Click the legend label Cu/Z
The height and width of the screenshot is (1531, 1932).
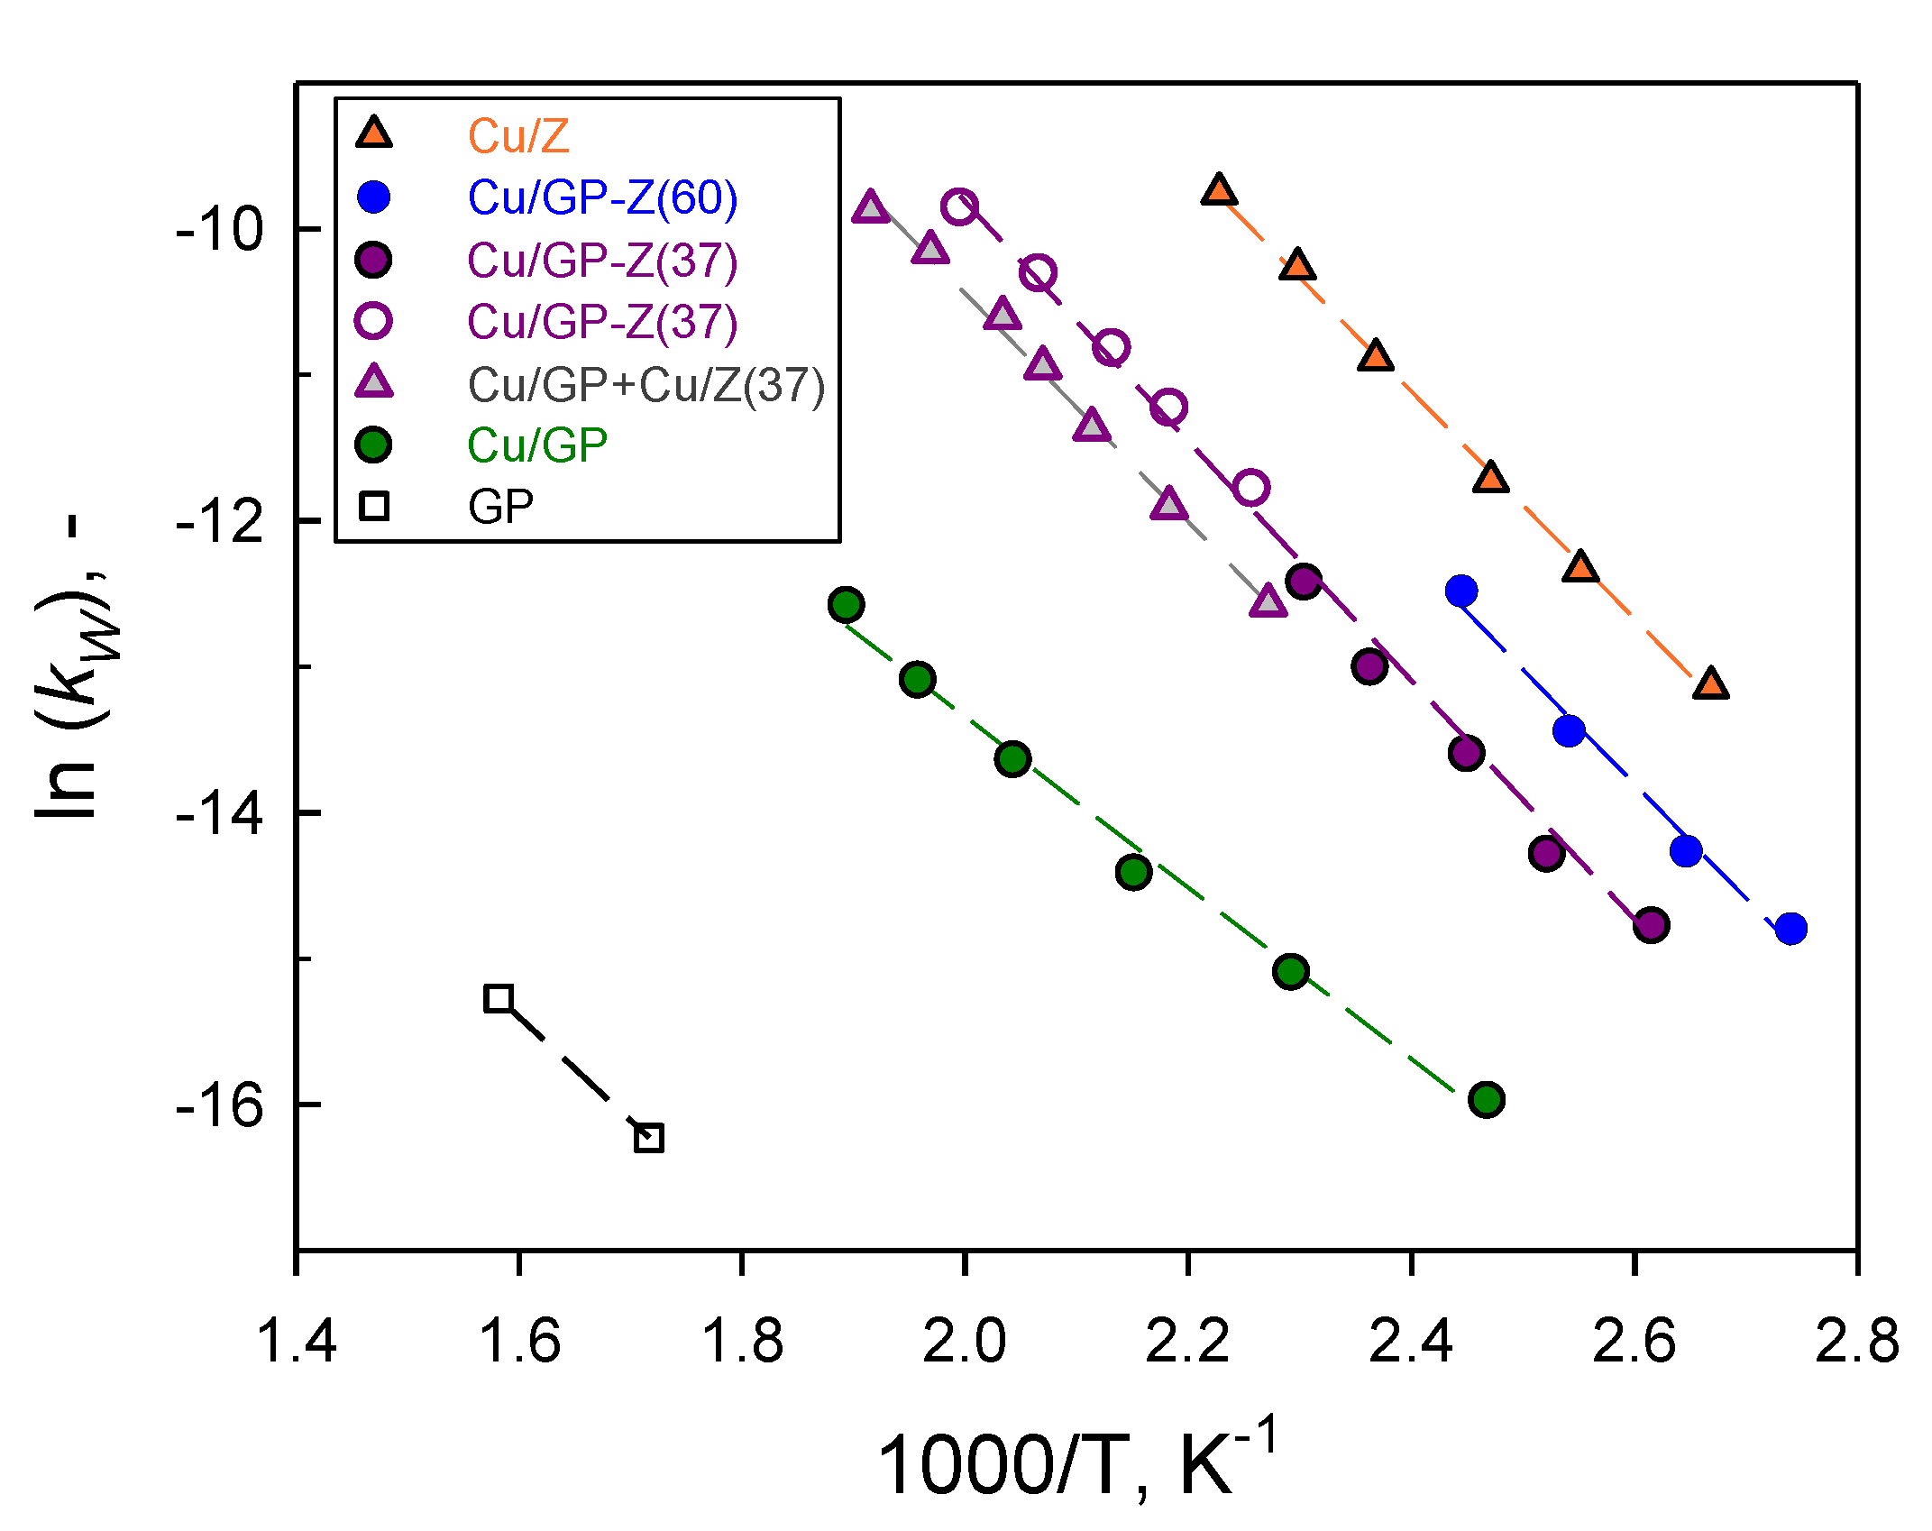pyautogui.click(x=518, y=136)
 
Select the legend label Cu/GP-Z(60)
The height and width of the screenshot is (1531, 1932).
pyautogui.click(x=602, y=197)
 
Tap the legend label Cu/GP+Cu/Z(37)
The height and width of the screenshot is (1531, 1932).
pyautogui.click(x=646, y=385)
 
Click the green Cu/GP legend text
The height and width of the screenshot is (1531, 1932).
pyautogui.click(x=537, y=445)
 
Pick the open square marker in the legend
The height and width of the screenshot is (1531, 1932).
pyautogui.click(x=373, y=507)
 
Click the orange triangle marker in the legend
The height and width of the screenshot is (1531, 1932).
pyautogui.click(x=373, y=133)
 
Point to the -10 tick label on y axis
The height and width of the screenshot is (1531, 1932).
pyautogui.click(x=219, y=229)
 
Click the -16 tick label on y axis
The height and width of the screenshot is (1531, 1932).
pyautogui.click(x=219, y=1105)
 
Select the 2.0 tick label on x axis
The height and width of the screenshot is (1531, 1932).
pyautogui.click(x=964, y=1341)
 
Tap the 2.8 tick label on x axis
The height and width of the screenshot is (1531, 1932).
pyautogui.click(x=1856, y=1341)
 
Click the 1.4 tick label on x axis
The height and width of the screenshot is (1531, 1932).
pyautogui.click(x=297, y=1341)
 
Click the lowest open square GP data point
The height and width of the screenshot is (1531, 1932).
pyautogui.click(x=649, y=1138)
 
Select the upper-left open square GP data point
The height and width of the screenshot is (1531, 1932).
pyautogui.click(x=499, y=998)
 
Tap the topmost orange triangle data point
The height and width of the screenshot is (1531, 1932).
pyautogui.click(x=1219, y=190)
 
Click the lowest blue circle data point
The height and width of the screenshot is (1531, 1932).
pyautogui.click(x=1790, y=928)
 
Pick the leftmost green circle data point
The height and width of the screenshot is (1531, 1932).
pyautogui.click(x=846, y=604)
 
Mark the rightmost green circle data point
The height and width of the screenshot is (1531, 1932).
pyautogui.click(x=1486, y=1099)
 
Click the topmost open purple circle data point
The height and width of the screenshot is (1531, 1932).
pyautogui.click(x=959, y=206)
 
